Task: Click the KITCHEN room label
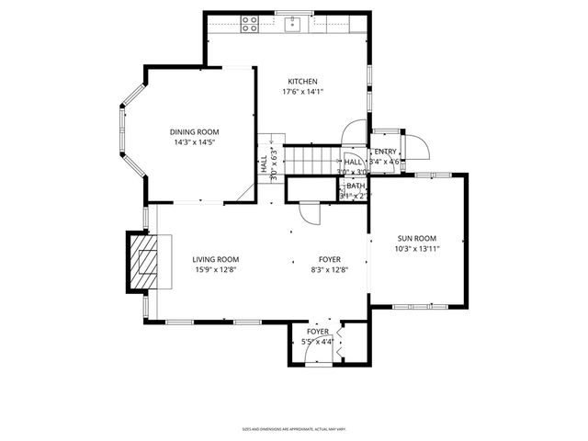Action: point(302,81)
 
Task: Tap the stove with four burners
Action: point(248,25)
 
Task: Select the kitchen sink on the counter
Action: point(295,24)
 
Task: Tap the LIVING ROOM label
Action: point(216,260)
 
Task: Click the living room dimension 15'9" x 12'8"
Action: point(216,270)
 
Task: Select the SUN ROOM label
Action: point(416,238)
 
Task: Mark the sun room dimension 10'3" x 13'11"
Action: point(417,248)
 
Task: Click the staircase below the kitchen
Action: point(308,158)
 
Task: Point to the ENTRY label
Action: point(384,152)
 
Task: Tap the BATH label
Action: point(355,187)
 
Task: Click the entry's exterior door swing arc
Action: point(418,147)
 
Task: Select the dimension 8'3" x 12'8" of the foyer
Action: point(329,270)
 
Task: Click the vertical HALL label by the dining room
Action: point(264,165)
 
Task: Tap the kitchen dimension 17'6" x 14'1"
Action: point(302,91)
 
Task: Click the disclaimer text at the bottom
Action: point(293,428)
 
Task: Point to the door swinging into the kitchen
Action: point(353,136)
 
